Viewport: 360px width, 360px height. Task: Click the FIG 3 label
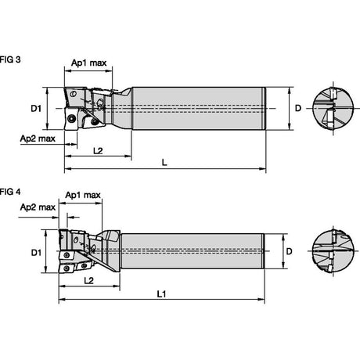[10, 59]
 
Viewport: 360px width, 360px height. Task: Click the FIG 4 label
[10, 192]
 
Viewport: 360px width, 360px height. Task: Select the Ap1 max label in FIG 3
[89, 63]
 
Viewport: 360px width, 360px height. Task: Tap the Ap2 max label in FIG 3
[38, 139]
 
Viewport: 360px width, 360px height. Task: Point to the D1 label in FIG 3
[36, 108]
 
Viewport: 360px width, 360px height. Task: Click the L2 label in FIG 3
[98, 150]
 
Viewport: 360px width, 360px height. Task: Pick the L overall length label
[164, 163]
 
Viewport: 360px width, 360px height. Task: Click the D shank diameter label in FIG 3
[298, 108]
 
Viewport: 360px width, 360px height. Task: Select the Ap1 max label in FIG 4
[83, 195]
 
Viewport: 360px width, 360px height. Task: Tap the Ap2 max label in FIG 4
[38, 207]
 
